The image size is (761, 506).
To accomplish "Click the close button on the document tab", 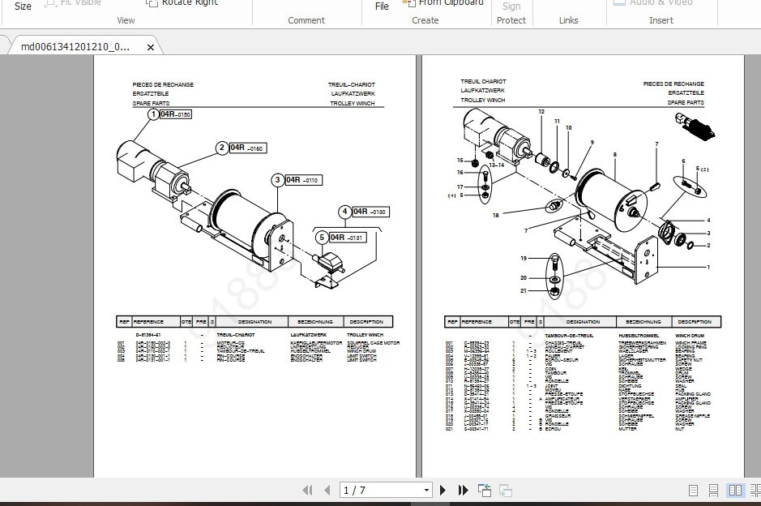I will (x=150, y=48).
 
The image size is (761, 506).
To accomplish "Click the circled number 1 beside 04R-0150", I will (x=152, y=115).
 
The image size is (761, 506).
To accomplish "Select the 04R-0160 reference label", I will (x=247, y=148).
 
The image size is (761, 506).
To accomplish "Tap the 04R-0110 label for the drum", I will (x=303, y=180).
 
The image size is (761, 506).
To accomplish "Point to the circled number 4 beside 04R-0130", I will (x=344, y=212).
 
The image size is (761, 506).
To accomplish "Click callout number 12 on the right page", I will (x=541, y=111).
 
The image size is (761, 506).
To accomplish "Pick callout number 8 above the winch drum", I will (x=615, y=154).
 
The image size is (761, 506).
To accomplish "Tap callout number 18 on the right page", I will (x=495, y=215).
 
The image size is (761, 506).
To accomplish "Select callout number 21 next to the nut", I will (x=524, y=290).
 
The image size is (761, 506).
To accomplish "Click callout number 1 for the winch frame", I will (x=708, y=267).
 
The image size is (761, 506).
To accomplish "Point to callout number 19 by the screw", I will (x=524, y=258).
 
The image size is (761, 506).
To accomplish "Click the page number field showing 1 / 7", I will (x=385, y=491).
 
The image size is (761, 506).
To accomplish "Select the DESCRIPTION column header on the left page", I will (x=368, y=322).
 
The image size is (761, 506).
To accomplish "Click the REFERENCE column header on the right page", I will (x=477, y=322).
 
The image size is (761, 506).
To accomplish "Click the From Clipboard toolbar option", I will (x=451, y=3).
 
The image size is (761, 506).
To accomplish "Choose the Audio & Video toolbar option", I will (x=661, y=3).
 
